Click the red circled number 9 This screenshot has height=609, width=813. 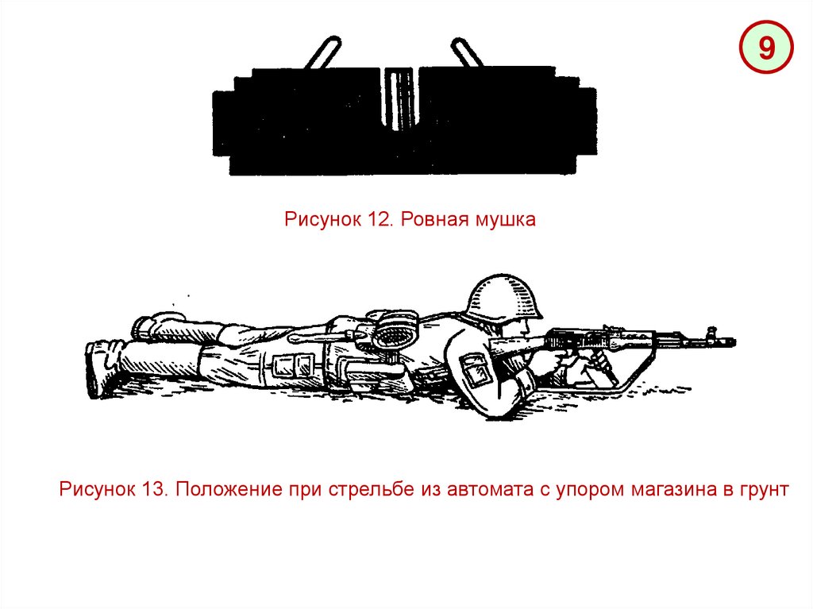click(766, 47)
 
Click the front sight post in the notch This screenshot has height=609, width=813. click(399, 98)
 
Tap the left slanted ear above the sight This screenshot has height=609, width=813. click(322, 52)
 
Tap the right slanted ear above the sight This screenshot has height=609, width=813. click(468, 52)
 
